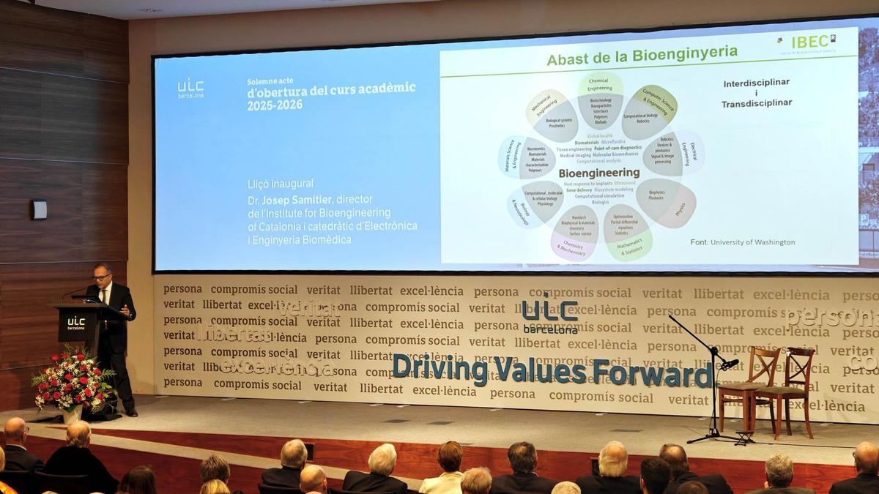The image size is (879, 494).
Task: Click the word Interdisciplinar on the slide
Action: [x=756, y=83]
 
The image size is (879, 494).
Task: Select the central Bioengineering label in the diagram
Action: [x=598, y=173]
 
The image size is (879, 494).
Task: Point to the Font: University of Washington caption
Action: [x=742, y=242]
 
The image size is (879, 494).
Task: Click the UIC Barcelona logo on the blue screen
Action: [x=190, y=89]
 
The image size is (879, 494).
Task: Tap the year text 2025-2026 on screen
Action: [x=275, y=105]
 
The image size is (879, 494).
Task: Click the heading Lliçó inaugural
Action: [x=281, y=184]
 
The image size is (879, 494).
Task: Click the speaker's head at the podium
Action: [x=103, y=274]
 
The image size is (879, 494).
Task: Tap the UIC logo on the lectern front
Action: [x=76, y=323]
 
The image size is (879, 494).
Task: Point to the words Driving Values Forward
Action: [x=552, y=370]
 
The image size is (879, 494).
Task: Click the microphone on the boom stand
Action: [x=730, y=363]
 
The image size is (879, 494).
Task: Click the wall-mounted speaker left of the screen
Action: [x=39, y=209]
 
